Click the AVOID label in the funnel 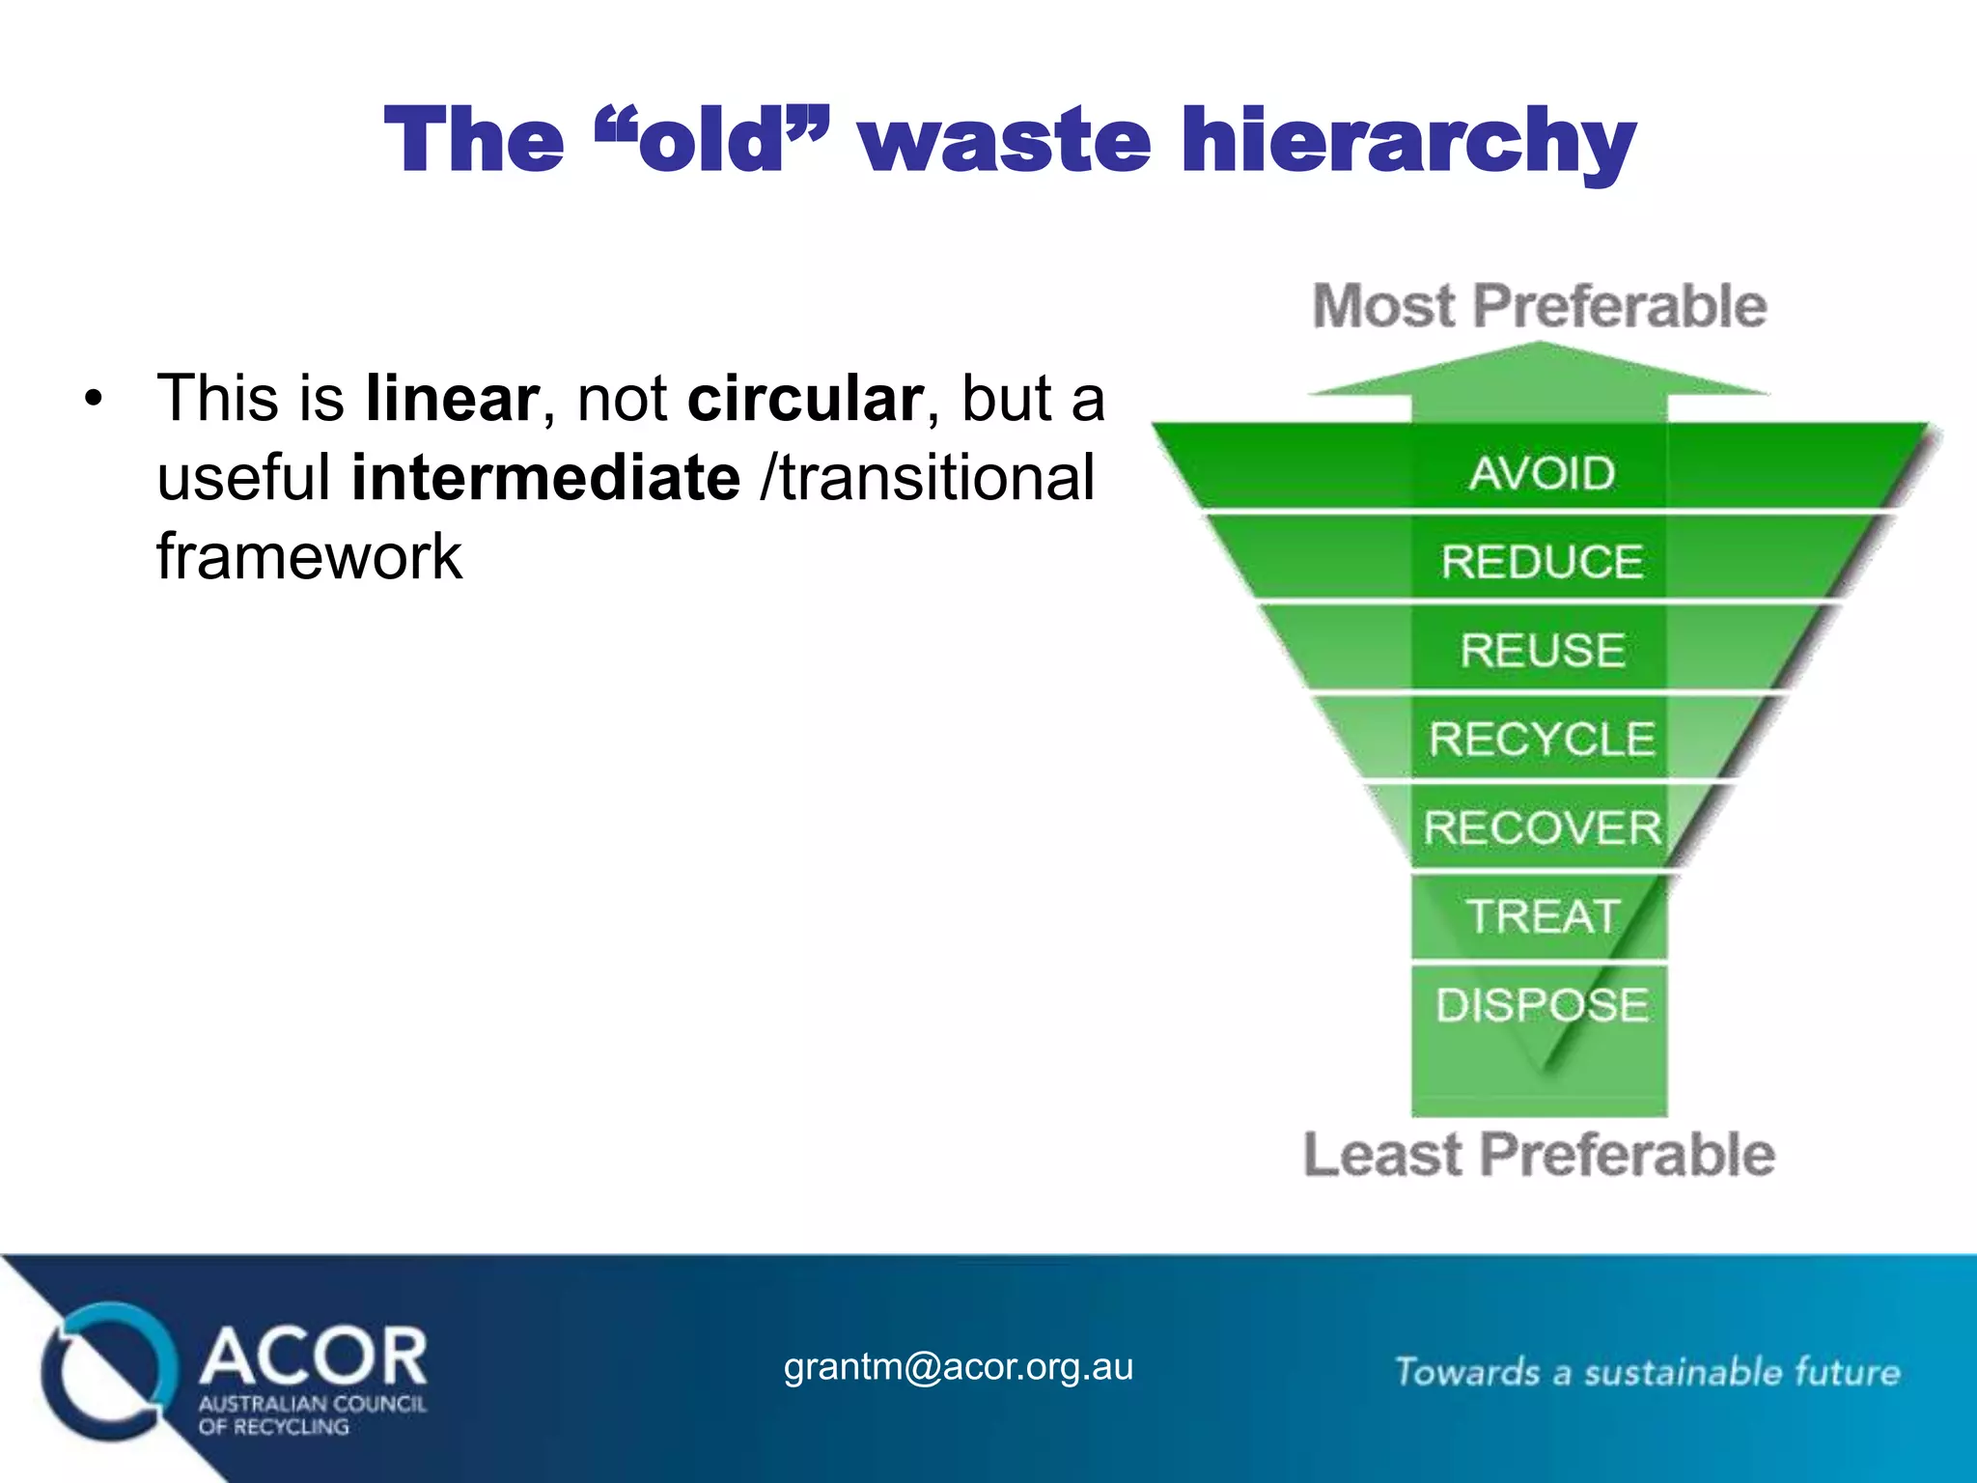pos(1542,473)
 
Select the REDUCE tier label pos(1542,562)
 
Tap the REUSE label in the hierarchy pos(1542,650)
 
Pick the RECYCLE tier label pos(1542,740)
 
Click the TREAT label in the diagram pos(1542,916)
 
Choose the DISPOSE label pos(1542,1005)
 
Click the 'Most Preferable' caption pos(1540,306)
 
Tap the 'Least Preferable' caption pos(1539,1155)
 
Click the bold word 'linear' pos(452,398)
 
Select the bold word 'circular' pos(805,398)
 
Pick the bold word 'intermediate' pos(545,477)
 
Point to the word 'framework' pos(309,557)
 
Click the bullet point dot pos(93,399)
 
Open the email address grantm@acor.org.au pos(958,1367)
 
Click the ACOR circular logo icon pos(108,1371)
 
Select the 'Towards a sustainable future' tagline pos(1647,1372)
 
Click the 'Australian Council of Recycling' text pos(311,1415)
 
